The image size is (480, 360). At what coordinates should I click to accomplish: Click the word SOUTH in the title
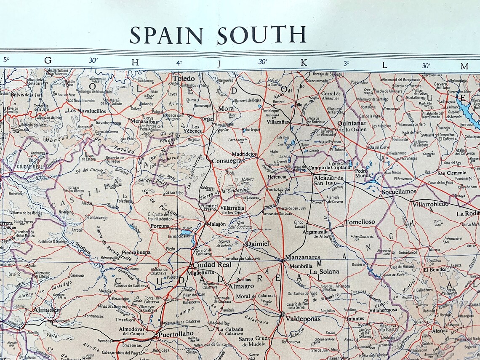(x=261, y=35)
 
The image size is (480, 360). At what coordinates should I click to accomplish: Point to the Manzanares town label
(x=302, y=257)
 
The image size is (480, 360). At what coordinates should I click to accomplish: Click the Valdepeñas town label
(x=303, y=319)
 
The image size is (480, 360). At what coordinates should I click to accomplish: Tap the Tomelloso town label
(x=360, y=222)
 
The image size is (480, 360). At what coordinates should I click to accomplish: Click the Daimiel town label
(x=257, y=244)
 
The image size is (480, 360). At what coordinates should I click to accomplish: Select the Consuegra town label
(x=227, y=160)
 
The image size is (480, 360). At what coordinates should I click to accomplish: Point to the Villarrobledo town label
(x=430, y=204)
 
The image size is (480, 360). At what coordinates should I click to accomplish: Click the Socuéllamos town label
(x=399, y=192)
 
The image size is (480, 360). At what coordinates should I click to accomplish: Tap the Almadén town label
(x=46, y=310)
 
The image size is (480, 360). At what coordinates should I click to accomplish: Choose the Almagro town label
(x=241, y=286)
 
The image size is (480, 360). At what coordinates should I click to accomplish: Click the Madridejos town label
(x=244, y=154)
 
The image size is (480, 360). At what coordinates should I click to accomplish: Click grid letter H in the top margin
(x=135, y=61)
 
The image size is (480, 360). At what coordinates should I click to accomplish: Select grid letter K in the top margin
(x=303, y=61)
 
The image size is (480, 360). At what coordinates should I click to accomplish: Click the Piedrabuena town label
(x=136, y=253)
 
